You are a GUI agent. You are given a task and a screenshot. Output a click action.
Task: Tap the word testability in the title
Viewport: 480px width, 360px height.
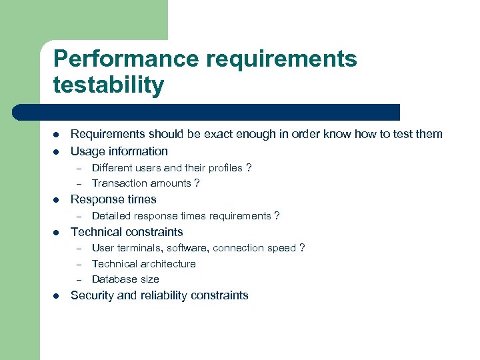tap(108, 85)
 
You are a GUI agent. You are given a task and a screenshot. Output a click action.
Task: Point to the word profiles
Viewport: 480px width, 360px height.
tap(223, 168)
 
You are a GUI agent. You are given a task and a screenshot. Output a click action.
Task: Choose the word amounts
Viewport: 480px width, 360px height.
tap(169, 183)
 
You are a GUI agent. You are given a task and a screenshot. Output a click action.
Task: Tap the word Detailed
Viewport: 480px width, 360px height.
tap(111, 215)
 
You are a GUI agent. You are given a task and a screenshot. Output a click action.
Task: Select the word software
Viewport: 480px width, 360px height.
tap(187, 248)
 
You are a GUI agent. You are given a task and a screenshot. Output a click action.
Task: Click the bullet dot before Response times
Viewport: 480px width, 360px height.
tap(56, 200)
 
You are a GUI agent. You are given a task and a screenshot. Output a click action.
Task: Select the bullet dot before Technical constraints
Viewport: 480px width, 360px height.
tap(56, 233)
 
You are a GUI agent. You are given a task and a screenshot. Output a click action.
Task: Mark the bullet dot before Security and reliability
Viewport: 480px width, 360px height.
tap(56, 296)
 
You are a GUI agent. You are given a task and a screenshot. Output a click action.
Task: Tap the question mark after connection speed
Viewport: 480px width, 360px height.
tap(302, 248)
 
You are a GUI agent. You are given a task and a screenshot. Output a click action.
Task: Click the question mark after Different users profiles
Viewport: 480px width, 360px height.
tap(249, 168)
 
